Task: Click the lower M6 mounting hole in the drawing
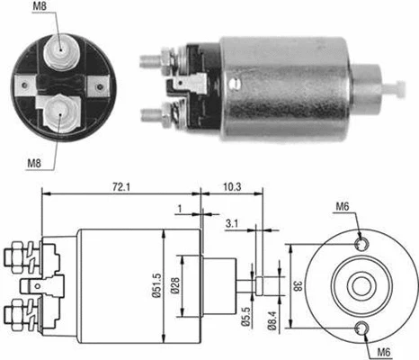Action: (x=361, y=328)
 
